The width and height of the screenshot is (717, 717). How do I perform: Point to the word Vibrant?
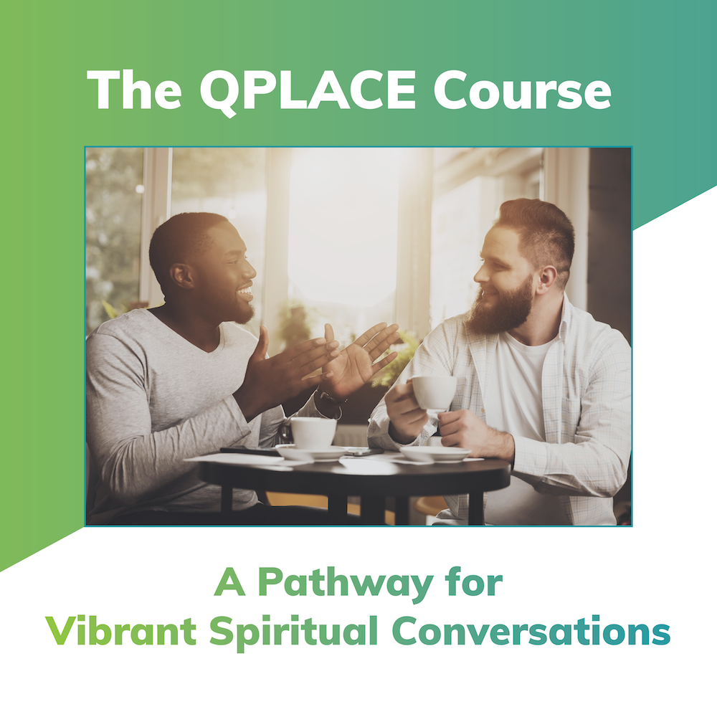tap(120, 632)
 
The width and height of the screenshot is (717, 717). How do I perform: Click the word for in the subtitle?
tap(473, 584)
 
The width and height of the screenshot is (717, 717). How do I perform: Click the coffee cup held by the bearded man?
tap(434, 392)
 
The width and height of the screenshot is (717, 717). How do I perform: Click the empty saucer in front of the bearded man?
tap(435, 454)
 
